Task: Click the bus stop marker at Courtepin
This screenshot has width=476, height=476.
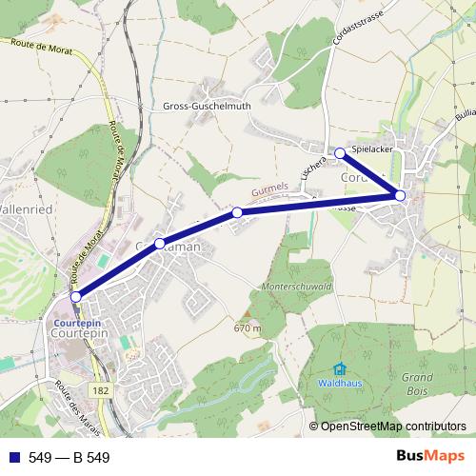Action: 76,297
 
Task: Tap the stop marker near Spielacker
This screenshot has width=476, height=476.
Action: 340,152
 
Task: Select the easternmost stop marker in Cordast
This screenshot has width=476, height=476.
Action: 400,196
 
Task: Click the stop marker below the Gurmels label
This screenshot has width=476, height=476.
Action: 237,213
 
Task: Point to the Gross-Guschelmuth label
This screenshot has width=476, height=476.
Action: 208,107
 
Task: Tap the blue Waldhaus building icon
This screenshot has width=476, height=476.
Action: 339,369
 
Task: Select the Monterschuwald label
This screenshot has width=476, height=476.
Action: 295,286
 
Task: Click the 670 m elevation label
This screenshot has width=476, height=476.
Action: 246,329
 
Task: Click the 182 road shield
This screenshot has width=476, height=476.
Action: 102,390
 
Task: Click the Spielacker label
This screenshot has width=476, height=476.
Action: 373,150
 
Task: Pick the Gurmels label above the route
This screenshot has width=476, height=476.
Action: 270,190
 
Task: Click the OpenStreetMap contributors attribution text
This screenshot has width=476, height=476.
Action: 393,426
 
